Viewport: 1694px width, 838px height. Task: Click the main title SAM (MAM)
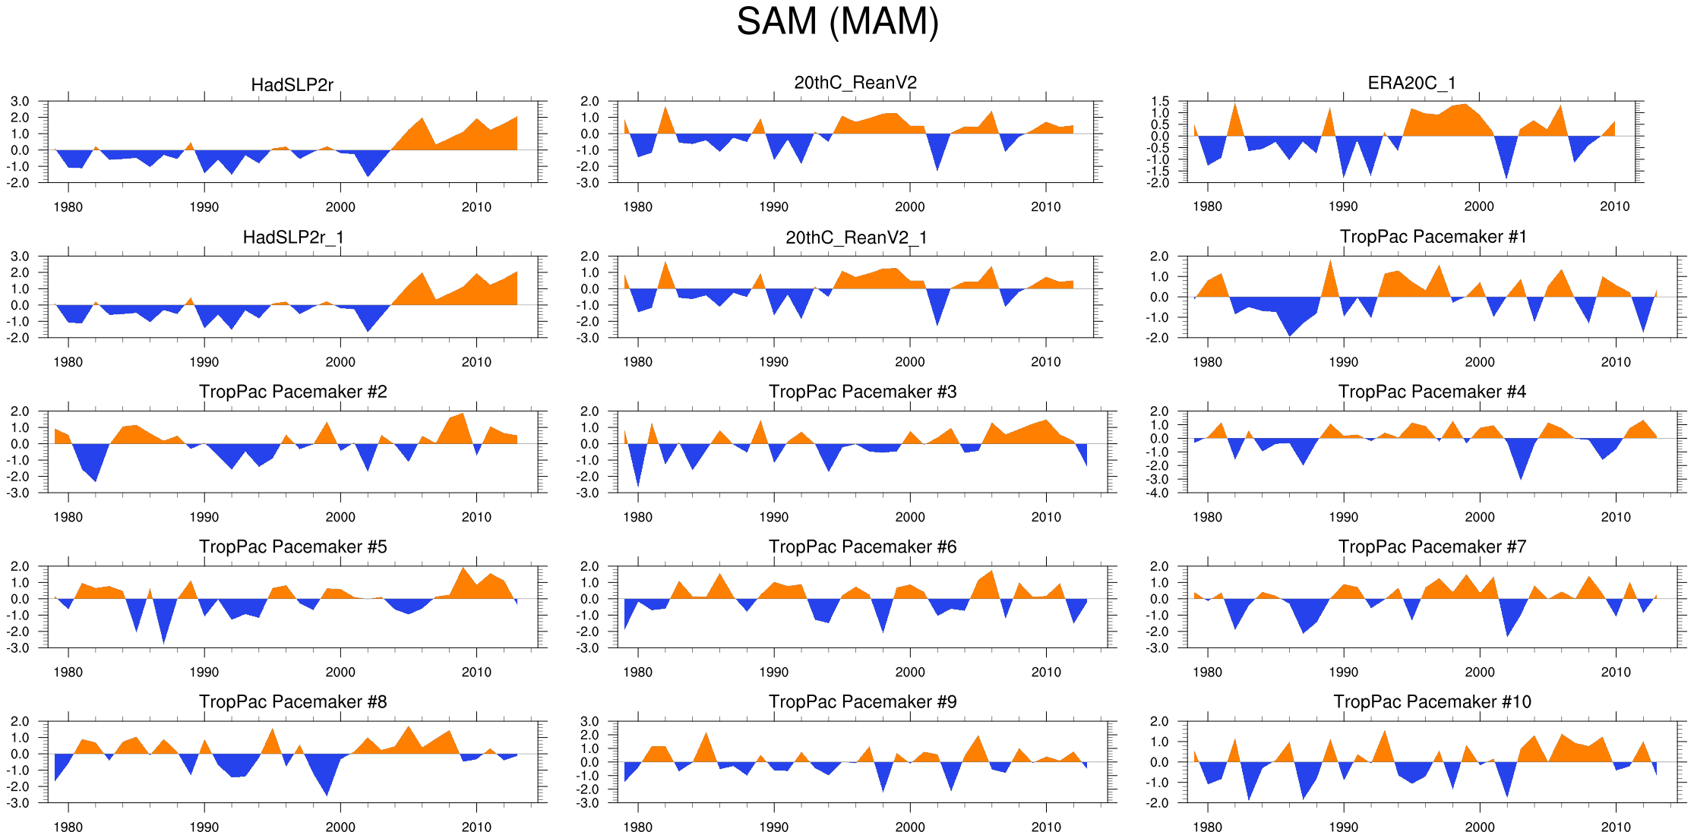click(x=837, y=21)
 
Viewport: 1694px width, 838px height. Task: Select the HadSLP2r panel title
click(x=292, y=85)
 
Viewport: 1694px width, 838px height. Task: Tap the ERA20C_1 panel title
click(x=1411, y=83)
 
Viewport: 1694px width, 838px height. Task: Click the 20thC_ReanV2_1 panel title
click(x=856, y=238)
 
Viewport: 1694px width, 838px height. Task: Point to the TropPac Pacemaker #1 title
click(x=1433, y=237)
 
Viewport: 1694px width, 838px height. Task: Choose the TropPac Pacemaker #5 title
click(x=292, y=547)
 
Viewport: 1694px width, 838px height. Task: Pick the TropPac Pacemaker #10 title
click(x=1432, y=701)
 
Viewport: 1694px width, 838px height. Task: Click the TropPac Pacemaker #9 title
click(x=862, y=701)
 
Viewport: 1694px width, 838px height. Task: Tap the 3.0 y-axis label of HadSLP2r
click(x=20, y=101)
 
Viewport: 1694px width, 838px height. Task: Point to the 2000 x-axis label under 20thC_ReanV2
click(x=909, y=206)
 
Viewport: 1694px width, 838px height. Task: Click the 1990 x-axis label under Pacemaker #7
click(x=1343, y=672)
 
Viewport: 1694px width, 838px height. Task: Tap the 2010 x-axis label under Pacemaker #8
click(x=476, y=827)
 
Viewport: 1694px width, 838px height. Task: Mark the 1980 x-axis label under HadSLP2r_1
click(x=68, y=362)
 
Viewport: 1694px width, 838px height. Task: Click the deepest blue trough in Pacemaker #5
click(x=164, y=642)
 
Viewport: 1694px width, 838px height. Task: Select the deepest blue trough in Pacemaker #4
click(x=1520, y=477)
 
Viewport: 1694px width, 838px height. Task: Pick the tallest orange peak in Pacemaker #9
click(x=706, y=733)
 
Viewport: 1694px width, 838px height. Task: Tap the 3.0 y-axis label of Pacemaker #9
click(x=589, y=721)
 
